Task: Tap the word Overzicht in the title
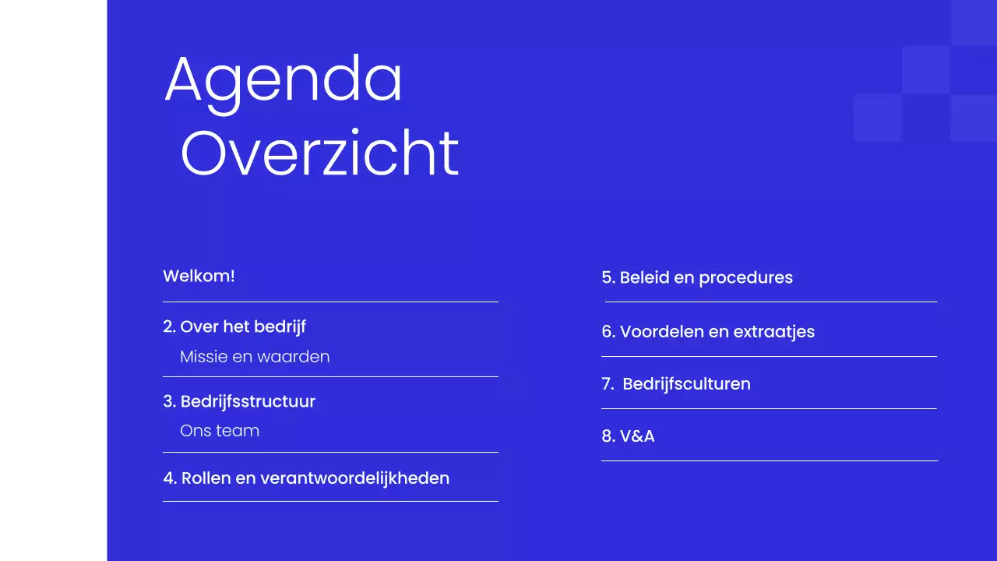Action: pos(319,154)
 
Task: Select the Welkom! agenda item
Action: pos(199,276)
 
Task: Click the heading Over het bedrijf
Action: pos(243,326)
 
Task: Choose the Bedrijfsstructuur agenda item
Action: pos(248,401)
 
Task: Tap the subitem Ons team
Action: pos(220,431)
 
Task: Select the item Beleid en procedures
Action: pos(706,277)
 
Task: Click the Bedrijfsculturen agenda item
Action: pos(686,383)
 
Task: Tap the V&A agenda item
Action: pos(637,436)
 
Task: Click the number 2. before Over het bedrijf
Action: pos(170,326)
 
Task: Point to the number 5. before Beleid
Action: pos(608,277)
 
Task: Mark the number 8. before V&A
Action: pos(608,436)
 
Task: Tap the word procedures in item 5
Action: pos(745,277)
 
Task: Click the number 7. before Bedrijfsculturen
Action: pos(608,383)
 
